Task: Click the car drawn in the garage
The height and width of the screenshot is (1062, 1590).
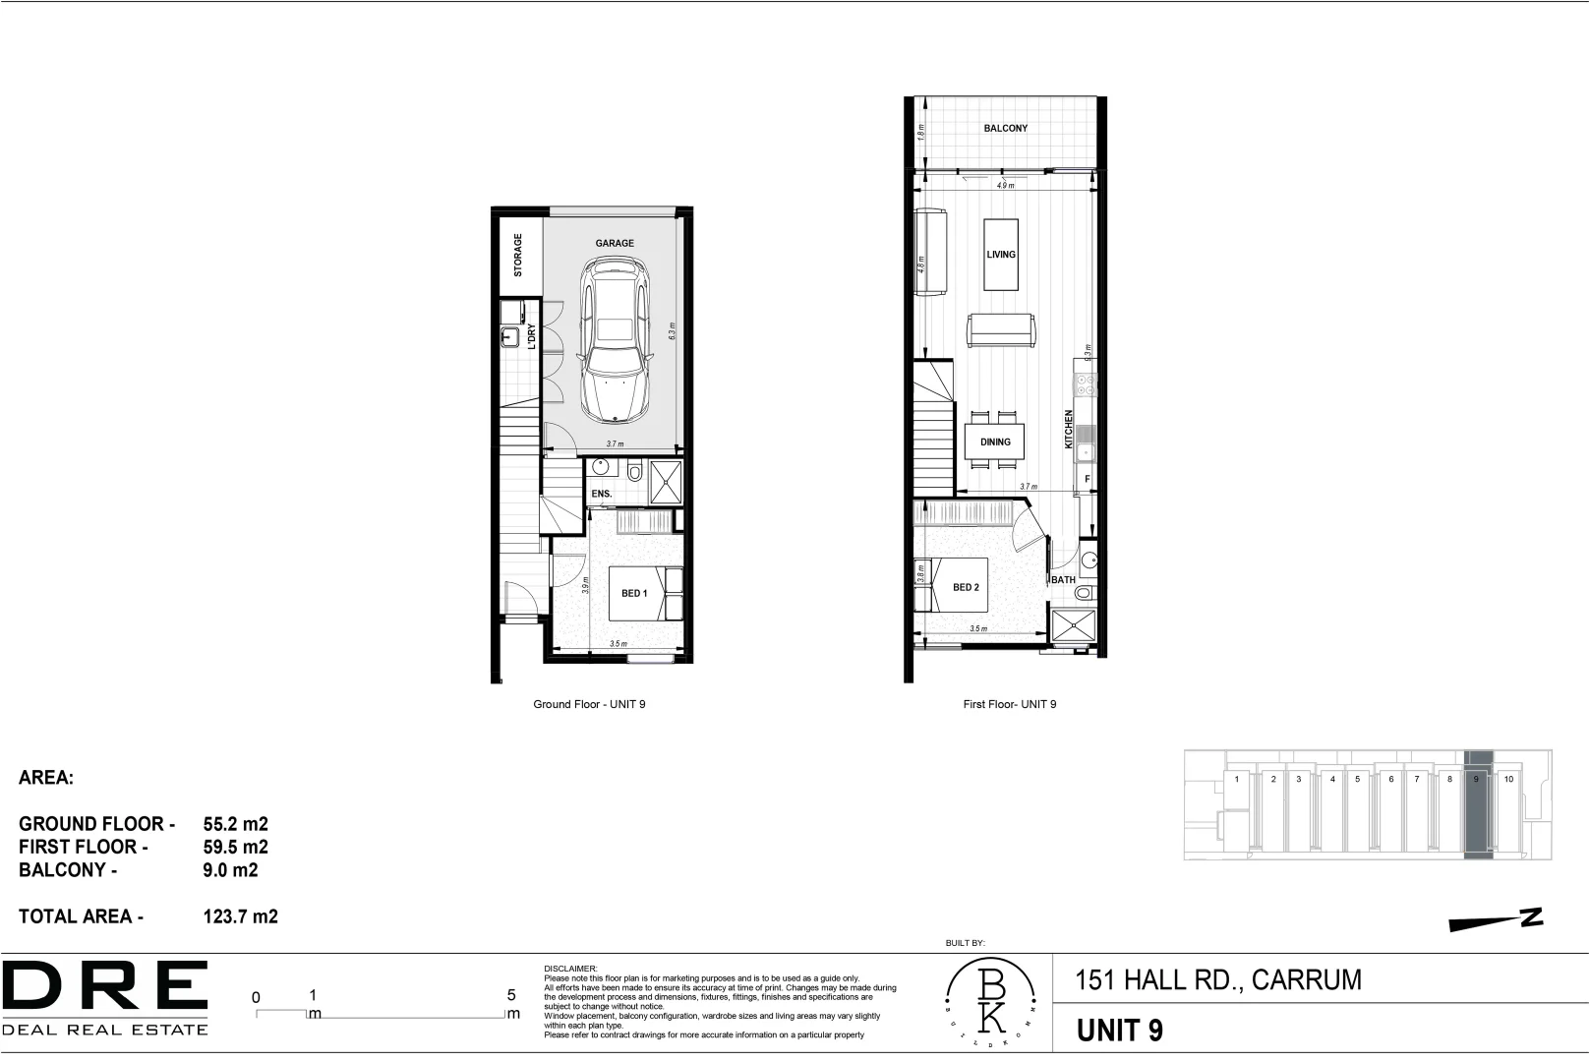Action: coord(614,339)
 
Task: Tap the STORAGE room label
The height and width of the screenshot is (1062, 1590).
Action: coord(518,255)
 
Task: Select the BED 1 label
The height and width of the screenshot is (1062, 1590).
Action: coord(634,593)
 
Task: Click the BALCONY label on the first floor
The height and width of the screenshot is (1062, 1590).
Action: coord(1005,128)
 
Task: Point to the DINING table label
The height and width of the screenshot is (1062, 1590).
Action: coord(995,442)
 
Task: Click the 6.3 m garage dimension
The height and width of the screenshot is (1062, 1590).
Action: coord(673,331)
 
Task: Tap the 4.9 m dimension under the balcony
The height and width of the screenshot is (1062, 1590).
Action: coord(1005,185)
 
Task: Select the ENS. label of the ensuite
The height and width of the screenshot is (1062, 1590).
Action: coord(601,494)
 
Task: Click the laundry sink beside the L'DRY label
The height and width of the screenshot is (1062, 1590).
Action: coord(509,337)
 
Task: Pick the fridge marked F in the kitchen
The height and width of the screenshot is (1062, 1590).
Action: coord(1087,479)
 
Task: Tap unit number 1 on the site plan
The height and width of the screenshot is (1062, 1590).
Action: coord(1236,779)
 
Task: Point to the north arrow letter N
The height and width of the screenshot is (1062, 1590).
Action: coord(1531,916)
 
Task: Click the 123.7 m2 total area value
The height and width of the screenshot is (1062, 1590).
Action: coord(240,916)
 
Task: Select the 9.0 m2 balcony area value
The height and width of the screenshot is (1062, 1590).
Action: coord(230,869)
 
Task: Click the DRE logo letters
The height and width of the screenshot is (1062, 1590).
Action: coord(105,987)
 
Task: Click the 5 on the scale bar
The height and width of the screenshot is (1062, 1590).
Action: coord(511,995)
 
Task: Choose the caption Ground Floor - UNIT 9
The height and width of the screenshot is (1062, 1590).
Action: coord(589,704)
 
